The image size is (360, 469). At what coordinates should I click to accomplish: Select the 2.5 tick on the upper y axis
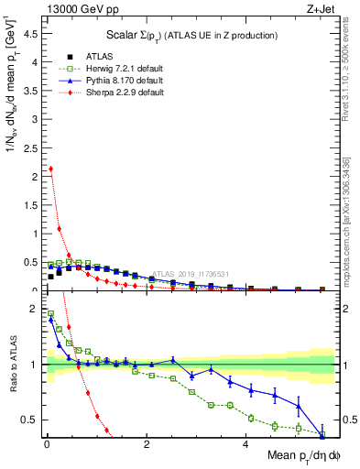click(34, 149)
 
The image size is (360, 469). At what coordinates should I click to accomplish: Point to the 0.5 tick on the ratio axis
click(34, 420)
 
